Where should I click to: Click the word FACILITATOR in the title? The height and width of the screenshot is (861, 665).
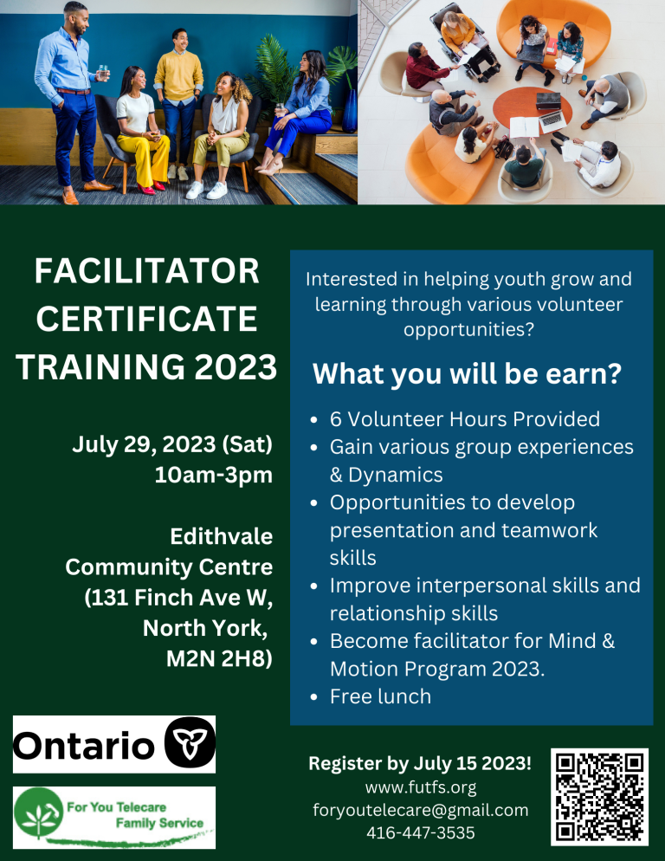[x=147, y=272]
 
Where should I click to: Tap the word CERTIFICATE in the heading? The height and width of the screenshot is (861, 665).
[x=147, y=319]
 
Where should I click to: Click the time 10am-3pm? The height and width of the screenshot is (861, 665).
[x=213, y=475]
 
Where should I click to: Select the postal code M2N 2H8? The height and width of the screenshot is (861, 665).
[x=219, y=657]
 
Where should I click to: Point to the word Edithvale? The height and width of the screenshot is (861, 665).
[x=222, y=537]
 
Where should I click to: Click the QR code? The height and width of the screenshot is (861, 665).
[x=599, y=797]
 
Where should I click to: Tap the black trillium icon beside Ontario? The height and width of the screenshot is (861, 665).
[x=189, y=743]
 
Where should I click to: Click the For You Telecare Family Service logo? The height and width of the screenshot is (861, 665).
[x=114, y=817]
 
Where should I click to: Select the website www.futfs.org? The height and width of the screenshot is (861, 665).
[x=421, y=787]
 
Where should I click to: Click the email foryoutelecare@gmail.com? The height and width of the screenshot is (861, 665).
[x=421, y=810]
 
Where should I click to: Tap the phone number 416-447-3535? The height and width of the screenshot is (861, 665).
[x=421, y=832]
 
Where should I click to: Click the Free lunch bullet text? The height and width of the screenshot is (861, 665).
[x=380, y=696]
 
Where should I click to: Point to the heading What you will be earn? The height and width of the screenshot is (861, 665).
[x=467, y=374]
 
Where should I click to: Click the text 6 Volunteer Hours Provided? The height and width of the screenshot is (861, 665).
[x=464, y=419]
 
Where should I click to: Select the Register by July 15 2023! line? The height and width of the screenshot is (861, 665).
[x=421, y=764]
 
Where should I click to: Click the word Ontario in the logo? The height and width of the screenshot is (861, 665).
[x=84, y=745]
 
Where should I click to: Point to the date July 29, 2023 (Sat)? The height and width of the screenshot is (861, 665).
[x=172, y=445]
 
